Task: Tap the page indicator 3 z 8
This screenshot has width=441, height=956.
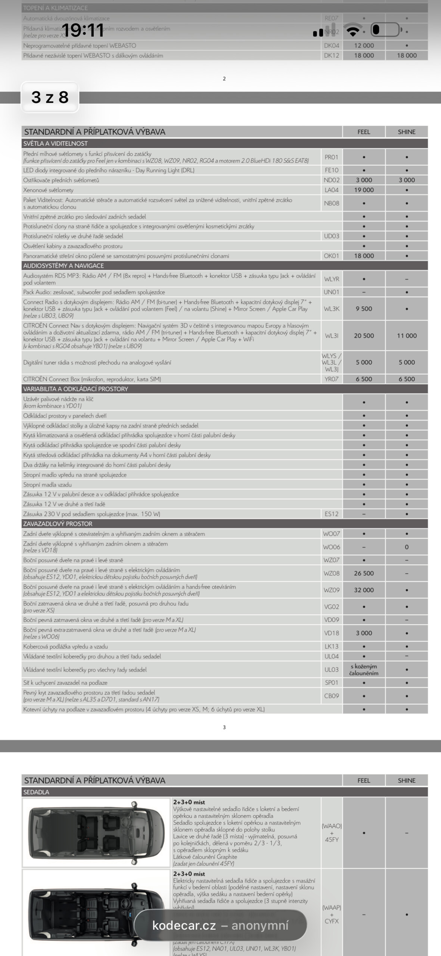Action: click(50, 97)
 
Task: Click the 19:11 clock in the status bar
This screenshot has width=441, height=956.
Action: click(83, 30)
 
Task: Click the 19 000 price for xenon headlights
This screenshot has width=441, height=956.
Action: click(364, 190)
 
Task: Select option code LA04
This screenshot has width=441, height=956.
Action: click(331, 190)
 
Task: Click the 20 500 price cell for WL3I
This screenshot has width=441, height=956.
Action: click(364, 336)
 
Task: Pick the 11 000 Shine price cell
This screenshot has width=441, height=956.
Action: click(406, 336)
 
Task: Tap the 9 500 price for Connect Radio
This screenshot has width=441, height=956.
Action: click(364, 309)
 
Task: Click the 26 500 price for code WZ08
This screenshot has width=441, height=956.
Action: click(364, 573)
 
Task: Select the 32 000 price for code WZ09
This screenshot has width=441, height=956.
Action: click(364, 590)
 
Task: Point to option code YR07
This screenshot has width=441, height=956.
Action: click(331, 379)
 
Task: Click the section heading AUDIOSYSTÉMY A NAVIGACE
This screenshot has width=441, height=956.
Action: click(63, 266)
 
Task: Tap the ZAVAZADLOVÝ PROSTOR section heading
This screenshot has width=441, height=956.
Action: click(58, 524)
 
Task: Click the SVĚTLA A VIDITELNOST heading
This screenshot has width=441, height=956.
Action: click(55, 143)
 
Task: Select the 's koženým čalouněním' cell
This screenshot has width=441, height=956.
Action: click(364, 670)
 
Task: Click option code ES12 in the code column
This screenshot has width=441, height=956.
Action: click(331, 514)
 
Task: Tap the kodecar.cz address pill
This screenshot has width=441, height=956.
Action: click(220, 925)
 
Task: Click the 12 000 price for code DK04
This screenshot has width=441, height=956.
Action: click(364, 46)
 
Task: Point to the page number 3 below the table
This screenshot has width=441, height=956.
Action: click(224, 727)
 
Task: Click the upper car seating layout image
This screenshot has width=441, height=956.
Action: click(96, 833)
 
